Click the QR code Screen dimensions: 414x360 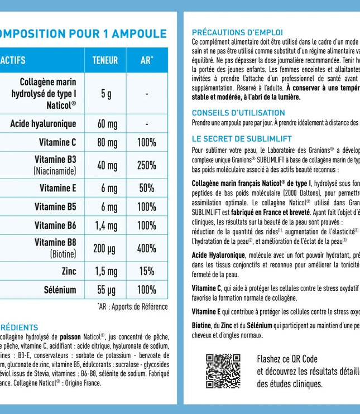[223, 370]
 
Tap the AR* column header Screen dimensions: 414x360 [146, 60]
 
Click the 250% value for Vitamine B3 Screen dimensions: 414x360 [146, 165]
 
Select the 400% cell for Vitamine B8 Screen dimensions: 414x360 [146, 248]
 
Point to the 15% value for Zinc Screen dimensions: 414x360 [146, 271]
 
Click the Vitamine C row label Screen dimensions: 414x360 [58, 142]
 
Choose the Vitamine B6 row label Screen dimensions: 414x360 [55, 225]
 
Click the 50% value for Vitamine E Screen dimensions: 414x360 [146, 188]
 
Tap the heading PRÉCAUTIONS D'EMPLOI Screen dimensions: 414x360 [237, 32]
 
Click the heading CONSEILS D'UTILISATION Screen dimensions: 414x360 [238, 113]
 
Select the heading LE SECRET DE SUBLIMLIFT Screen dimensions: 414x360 [242, 139]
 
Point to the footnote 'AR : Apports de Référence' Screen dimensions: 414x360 [132, 307]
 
